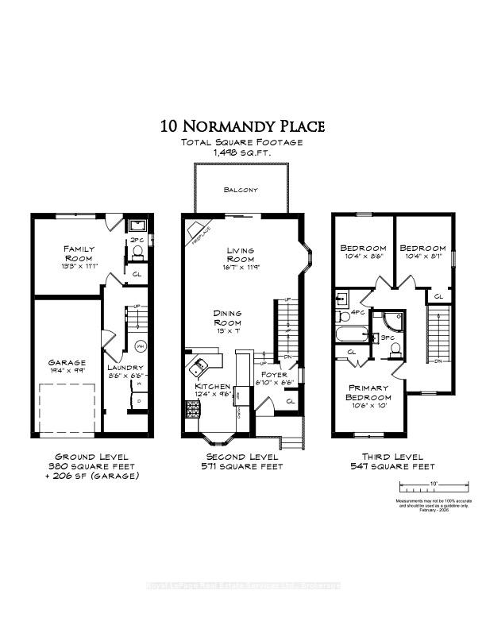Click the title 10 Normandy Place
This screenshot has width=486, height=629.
tap(243, 126)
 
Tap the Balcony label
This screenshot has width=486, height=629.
tap(241, 191)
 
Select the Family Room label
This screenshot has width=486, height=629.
tap(79, 253)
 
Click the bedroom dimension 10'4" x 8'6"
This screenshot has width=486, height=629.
tap(363, 256)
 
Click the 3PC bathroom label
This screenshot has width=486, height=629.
tap(388, 339)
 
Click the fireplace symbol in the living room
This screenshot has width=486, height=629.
tap(195, 230)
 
